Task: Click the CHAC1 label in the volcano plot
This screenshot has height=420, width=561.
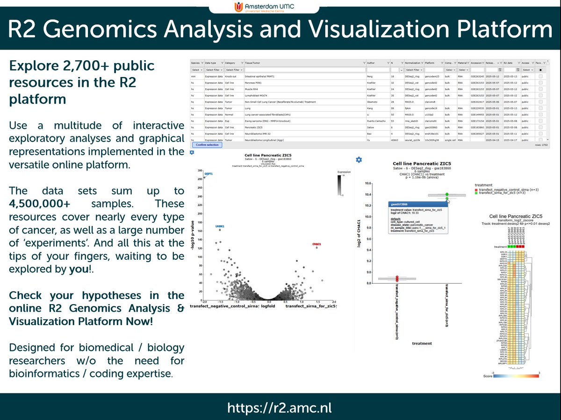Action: click(x=316, y=244)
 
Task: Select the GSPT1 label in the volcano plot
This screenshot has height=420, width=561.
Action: click(x=208, y=174)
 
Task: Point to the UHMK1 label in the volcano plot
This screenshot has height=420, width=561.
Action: click(x=220, y=226)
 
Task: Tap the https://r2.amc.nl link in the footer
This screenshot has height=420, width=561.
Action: click(x=280, y=407)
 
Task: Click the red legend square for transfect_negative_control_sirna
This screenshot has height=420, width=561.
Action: click(x=476, y=191)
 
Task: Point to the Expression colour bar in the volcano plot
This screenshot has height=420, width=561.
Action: click(x=340, y=185)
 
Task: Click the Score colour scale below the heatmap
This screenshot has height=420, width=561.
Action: click(x=511, y=376)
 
